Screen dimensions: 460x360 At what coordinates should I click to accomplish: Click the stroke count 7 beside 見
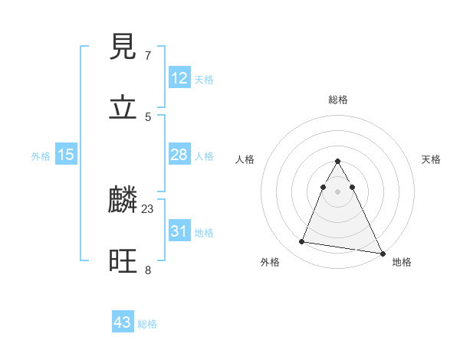pyautogui.click(x=147, y=56)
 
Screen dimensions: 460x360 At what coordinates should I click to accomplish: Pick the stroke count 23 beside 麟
pyautogui.click(x=148, y=208)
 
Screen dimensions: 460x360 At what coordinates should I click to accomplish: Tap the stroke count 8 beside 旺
pyautogui.click(x=147, y=270)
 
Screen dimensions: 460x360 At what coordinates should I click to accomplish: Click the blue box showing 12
pyautogui.click(x=179, y=78)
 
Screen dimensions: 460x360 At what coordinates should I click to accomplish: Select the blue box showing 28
pyautogui.click(x=179, y=155)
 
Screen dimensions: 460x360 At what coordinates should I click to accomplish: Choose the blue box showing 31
pyautogui.click(x=179, y=231)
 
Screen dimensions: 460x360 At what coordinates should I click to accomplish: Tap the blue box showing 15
pyautogui.click(x=66, y=155)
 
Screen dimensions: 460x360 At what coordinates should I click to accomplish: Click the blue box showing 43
pyautogui.click(x=122, y=322)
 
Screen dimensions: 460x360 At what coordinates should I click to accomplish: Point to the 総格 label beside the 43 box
pyautogui.click(x=147, y=324)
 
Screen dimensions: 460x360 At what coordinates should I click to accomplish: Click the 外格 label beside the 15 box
pyautogui.click(x=41, y=156)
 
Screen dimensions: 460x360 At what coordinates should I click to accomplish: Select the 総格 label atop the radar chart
pyautogui.click(x=338, y=100)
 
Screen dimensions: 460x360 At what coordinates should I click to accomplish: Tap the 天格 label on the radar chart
pyautogui.click(x=432, y=159)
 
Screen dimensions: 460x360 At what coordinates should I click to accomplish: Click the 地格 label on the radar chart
pyautogui.click(x=402, y=262)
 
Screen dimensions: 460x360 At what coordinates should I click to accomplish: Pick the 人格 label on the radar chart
pyautogui.click(x=245, y=159)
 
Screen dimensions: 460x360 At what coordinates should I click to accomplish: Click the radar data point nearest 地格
pyautogui.click(x=382, y=253)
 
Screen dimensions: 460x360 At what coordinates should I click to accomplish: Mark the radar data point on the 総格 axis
pyautogui.click(x=337, y=162)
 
